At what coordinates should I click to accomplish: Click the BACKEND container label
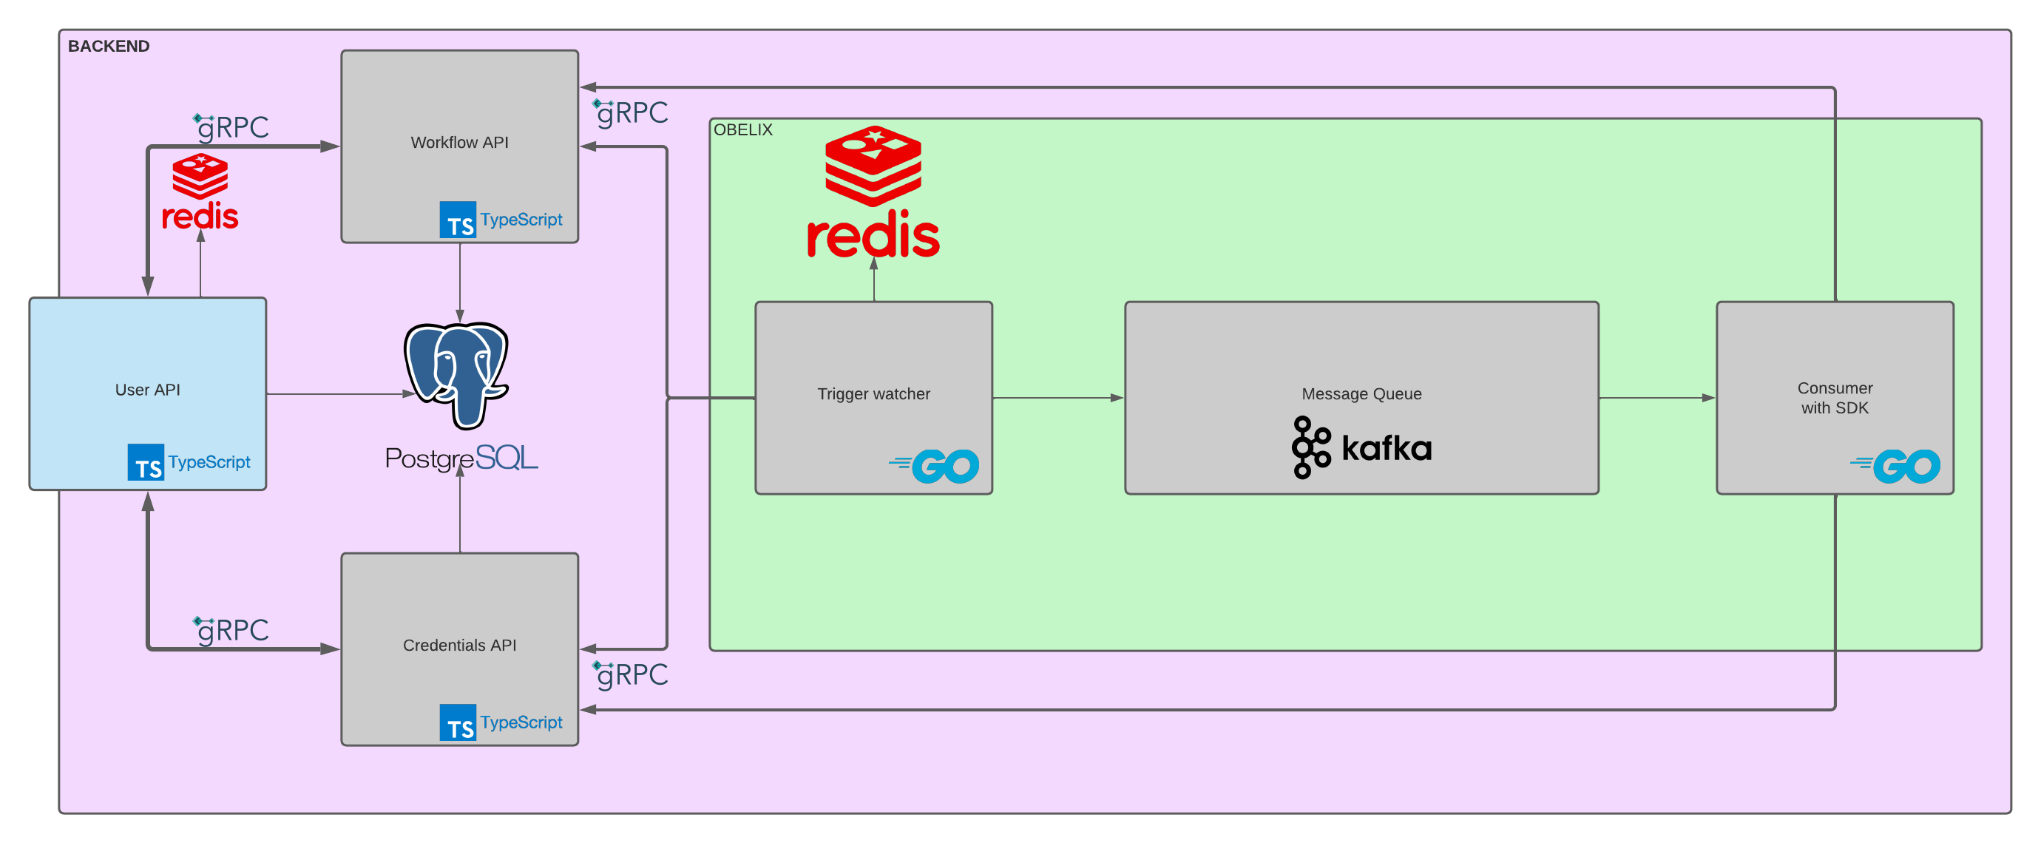tap(109, 46)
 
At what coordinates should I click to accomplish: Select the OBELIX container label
tap(742, 130)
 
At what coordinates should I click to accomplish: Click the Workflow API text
tap(459, 143)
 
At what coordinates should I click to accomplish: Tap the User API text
tap(147, 390)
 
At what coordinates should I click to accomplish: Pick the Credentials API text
tap(459, 645)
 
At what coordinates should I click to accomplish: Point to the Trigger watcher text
tap(873, 393)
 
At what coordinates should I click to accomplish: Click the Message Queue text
tap(1361, 393)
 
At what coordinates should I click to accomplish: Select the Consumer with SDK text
tap(1834, 398)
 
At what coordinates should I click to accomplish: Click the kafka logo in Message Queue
tap(1361, 447)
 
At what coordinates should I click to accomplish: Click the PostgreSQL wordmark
tap(461, 458)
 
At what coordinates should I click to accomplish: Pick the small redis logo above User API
tap(200, 192)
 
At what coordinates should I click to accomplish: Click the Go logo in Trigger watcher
tap(935, 466)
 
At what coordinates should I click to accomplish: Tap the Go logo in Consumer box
tap(1896, 466)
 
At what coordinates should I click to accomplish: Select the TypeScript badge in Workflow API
tap(501, 220)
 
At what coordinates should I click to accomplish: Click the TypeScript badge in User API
tap(189, 462)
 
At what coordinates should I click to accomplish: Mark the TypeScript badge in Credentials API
tap(501, 722)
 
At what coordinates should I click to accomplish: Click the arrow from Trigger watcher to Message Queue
tap(1057, 398)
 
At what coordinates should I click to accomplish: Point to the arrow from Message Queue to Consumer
tap(1656, 398)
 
